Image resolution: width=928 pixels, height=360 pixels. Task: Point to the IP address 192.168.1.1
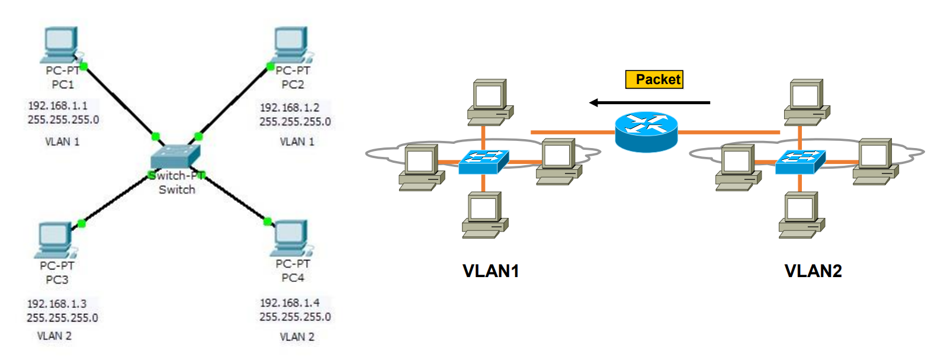[x=57, y=106]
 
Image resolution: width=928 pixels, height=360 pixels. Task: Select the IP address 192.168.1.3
[x=57, y=304]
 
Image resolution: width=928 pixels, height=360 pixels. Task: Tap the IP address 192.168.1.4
[x=290, y=303]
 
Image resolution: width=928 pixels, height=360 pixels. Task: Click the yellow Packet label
[x=654, y=79]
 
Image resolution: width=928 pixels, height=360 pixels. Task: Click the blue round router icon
[x=646, y=131]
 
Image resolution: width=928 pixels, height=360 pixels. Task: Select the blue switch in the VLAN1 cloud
[x=483, y=161]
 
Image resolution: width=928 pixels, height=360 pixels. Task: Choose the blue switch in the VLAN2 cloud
[x=800, y=161]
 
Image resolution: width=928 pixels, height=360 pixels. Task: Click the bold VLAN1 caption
[x=490, y=271]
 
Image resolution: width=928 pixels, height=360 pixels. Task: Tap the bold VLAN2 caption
[x=813, y=271]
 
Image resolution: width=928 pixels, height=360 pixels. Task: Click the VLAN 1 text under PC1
[x=62, y=142]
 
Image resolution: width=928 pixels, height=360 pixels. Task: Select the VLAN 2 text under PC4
[x=297, y=337]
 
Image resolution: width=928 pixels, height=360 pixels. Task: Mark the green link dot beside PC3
[x=82, y=223]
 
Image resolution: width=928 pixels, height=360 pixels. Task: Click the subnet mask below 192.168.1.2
[x=295, y=122]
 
